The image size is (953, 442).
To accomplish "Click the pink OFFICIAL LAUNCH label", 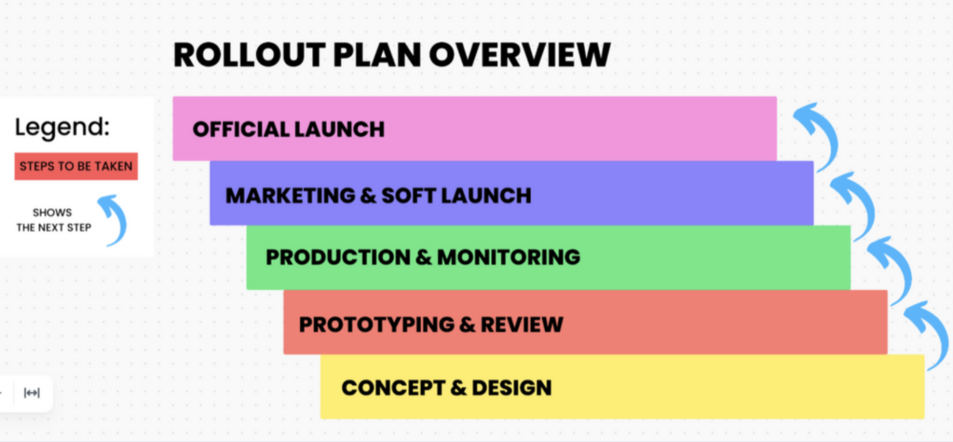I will [x=289, y=129].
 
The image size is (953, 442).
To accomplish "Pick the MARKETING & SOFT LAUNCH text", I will [x=378, y=196].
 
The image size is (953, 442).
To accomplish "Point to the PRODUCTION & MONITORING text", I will [x=423, y=257].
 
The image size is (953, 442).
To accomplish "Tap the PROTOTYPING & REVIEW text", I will [x=431, y=324].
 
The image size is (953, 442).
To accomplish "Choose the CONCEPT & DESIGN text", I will [x=446, y=388].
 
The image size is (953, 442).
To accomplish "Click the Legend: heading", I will [x=62, y=127].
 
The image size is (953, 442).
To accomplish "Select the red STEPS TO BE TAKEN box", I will [x=76, y=166].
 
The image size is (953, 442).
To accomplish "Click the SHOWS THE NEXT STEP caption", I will [x=53, y=220].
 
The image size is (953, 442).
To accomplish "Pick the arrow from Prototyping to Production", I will [x=891, y=269].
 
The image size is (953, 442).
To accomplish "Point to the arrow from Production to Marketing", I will [x=854, y=205].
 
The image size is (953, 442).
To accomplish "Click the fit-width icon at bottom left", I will [x=32, y=393].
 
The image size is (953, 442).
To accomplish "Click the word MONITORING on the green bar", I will [x=509, y=257].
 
